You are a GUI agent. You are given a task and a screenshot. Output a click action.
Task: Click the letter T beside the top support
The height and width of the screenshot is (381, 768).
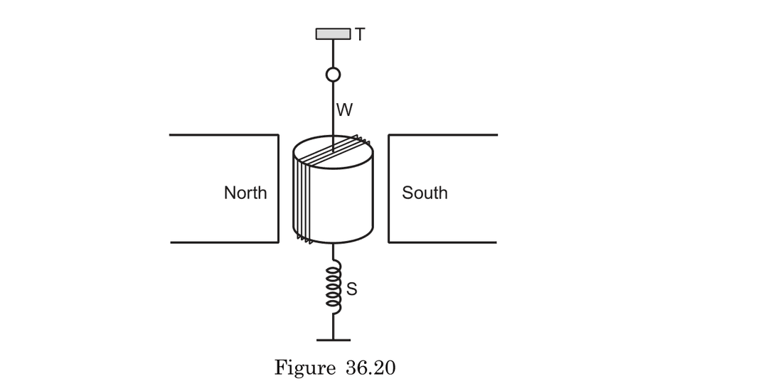click(360, 34)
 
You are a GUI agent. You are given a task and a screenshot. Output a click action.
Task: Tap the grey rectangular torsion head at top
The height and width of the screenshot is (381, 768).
click(333, 33)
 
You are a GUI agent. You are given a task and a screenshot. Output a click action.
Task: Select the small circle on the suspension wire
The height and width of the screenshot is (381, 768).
click(333, 75)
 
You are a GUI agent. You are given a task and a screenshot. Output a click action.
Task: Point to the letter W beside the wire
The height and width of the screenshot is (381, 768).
click(345, 110)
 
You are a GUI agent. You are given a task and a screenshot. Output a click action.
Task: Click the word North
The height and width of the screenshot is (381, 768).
click(245, 193)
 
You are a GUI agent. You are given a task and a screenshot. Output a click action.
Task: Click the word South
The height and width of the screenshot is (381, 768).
click(425, 193)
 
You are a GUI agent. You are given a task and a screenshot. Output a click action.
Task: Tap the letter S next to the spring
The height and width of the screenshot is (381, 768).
click(351, 289)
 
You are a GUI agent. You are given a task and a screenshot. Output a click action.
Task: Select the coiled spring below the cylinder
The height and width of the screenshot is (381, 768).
click(334, 287)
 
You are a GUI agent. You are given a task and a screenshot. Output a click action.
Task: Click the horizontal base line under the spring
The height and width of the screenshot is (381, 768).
click(333, 340)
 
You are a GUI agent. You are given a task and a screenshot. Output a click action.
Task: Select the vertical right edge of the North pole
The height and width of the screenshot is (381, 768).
click(278, 188)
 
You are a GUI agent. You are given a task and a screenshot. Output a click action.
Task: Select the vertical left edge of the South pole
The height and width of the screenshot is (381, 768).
click(389, 188)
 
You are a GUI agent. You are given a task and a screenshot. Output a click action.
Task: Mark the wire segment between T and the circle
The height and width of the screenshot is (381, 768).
click(333, 53)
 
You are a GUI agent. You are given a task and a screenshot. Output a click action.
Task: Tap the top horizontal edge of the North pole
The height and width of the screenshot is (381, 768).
click(224, 134)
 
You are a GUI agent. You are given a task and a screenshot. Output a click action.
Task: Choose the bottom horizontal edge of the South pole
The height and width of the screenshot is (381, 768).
click(442, 242)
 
